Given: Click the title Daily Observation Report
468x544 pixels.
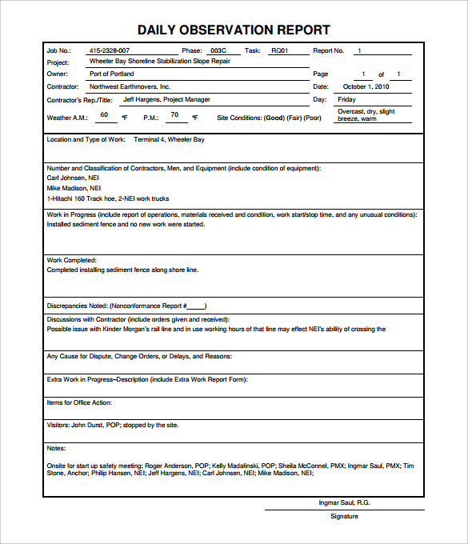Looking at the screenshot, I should tap(234, 30).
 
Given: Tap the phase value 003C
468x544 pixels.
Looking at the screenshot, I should tap(218, 50).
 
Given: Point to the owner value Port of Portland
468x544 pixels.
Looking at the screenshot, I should tap(111, 74).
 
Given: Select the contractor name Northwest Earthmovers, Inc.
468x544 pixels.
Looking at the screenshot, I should tap(130, 86).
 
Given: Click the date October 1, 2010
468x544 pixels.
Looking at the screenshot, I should tap(366, 86).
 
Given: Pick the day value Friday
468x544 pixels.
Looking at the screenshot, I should tap(346, 100).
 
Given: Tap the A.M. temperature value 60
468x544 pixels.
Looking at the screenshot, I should tap(103, 114).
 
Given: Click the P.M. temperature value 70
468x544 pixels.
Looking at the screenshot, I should tap(174, 114).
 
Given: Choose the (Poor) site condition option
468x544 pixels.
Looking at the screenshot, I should tap(312, 118).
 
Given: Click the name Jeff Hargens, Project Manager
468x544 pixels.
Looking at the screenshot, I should tap(166, 100).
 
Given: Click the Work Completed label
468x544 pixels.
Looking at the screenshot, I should tap(72, 260).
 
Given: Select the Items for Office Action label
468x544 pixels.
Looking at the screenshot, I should tap(79, 402).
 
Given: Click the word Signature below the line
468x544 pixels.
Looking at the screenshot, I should tap(344, 516).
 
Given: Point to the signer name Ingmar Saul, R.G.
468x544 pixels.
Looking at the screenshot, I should tap(344, 503).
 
